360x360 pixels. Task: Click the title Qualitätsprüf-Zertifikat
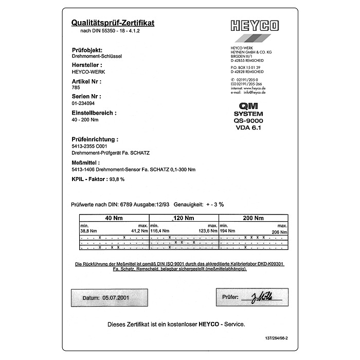113,23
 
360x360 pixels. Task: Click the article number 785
77,88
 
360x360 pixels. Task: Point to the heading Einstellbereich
94,112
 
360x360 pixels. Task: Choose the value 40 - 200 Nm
85,119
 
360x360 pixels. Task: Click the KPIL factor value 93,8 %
116,179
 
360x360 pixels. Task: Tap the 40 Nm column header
114,218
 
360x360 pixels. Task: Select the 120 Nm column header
183,218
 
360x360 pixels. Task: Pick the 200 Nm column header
253,218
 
